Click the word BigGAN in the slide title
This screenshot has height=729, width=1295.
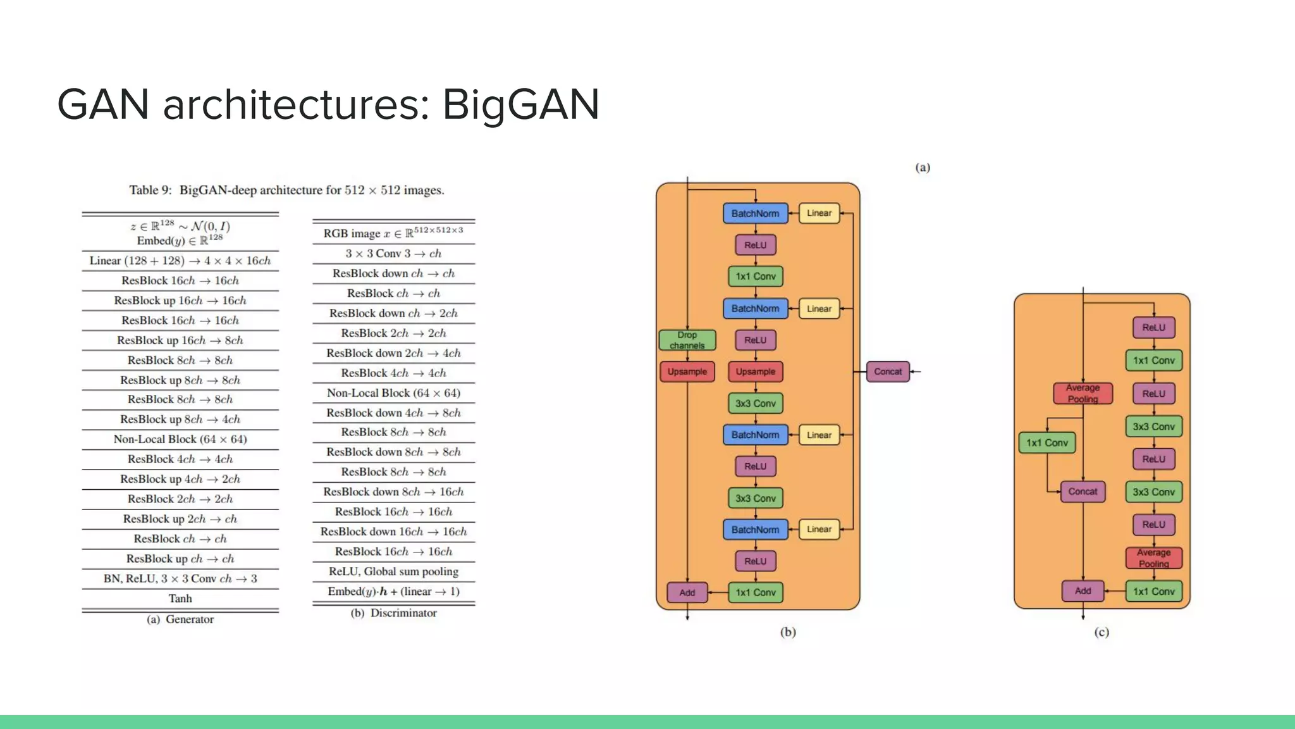click(x=520, y=104)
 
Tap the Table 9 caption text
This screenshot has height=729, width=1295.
click(x=286, y=190)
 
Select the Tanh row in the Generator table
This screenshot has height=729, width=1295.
click(x=180, y=599)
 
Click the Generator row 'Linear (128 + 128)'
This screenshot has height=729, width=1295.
click(x=180, y=261)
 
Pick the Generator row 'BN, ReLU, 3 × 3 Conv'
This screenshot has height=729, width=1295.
click(x=180, y=578)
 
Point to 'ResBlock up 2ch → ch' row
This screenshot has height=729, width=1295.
click(x=180, y=519)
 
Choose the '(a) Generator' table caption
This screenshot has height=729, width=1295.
click(x=180, y=620)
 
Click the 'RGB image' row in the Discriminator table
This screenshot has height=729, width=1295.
click(x=393, y=233)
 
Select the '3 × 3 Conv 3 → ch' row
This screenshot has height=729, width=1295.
click(x=393, y=254)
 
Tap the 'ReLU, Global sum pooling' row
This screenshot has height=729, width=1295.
click(x=393, y=571)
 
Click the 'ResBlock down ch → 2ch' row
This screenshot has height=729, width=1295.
click(x=393, y=313)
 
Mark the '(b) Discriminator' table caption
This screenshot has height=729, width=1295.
click(x=393, y=613)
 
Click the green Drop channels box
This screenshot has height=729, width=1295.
click(x=687, y=340)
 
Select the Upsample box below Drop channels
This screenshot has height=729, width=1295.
click(x=687, y=371)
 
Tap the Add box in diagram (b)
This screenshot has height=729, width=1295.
click(x=687, y=592)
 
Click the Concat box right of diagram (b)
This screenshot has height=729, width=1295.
click(x=888, y=371)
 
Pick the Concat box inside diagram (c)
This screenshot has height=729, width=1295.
click(x=1083, y=492)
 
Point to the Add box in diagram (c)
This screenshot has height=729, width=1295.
click(x=1083, y=591)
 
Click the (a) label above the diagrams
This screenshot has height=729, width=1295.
click(x=923, y=168)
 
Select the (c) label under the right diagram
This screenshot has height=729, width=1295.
click(x=1102, y=632)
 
